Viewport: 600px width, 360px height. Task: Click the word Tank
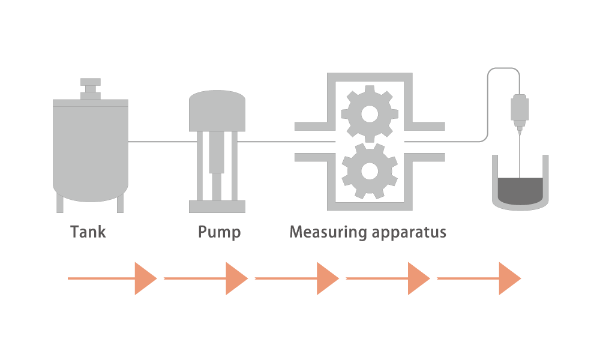[x=88, y=232]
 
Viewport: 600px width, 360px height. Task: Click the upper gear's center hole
[x=370, y=114]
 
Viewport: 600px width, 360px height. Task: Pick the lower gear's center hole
[x=370, y=171]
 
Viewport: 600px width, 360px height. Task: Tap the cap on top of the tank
[x=91, y=88]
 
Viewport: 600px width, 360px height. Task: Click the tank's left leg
[x=59, y=203]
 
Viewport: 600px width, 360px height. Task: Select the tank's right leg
[x=120, y=203]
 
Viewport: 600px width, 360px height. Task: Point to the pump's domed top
[x=217, y=111]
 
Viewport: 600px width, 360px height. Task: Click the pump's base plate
[x=217, y=206]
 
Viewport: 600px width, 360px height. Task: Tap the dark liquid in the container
[x=520, y=191]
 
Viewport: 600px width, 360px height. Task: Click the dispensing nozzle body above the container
[x=520, y=111]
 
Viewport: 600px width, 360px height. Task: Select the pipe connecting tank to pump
[x=163, y=142]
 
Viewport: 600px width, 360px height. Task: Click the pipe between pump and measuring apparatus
[x=286, y=142]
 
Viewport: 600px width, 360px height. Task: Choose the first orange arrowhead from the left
[x=146, y=278]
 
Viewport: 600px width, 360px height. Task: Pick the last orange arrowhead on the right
[x=510, y=278]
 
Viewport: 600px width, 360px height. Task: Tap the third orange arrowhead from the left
[x=328, y=278]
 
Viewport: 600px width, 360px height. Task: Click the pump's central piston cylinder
[x=217, y=152]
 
